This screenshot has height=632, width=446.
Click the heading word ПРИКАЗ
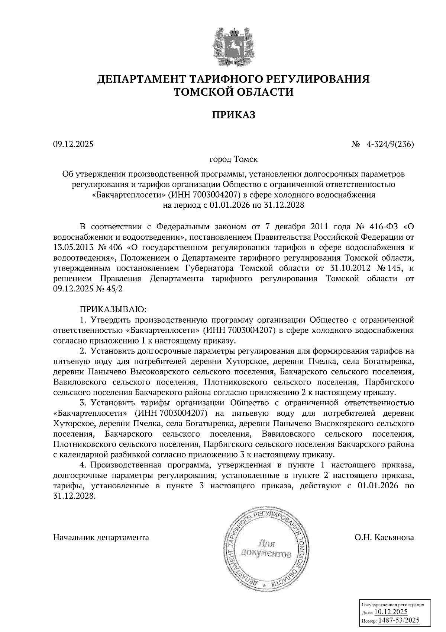coord(233,115)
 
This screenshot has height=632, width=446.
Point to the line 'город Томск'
coord(233,160)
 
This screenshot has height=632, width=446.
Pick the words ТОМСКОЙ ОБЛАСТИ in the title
coord(233,92)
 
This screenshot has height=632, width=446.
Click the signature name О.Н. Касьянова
coord(384,537)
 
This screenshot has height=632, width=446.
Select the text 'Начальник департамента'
coord(101,537)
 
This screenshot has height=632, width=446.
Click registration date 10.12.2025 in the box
coord(391,612)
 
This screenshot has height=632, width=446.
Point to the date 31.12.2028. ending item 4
coord(74,497)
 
